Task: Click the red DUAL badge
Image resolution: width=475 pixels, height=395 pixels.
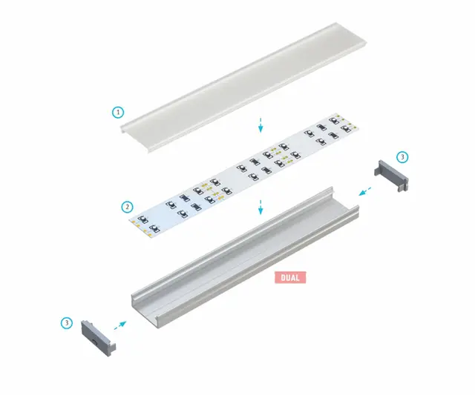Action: coord(290,277)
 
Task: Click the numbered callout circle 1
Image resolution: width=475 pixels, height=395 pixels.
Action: coord(118,113)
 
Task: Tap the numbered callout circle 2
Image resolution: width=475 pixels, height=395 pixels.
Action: coord(127,208)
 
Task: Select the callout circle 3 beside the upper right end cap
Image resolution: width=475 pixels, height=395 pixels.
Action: coord(402,157)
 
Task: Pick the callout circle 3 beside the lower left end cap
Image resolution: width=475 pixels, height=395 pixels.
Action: coord(67,323)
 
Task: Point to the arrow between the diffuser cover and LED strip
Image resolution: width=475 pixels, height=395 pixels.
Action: coord(261,125)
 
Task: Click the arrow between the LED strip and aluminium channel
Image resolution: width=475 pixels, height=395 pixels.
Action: coord(261,208)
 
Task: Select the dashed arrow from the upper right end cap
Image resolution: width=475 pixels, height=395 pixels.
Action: coord(365,191)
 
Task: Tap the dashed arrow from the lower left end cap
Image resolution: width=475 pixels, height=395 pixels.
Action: coord(120,325)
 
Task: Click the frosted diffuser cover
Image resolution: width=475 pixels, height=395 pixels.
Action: coord(243,87)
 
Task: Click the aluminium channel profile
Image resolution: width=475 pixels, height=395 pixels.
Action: coord(246,258)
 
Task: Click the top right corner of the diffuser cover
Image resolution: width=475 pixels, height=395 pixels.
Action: coord(366,40)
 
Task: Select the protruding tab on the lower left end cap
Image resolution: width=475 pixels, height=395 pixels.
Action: coord(112,350)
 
